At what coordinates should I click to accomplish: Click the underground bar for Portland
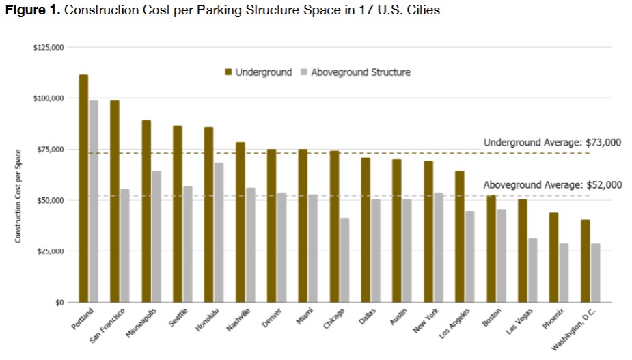click(x=83, y=188)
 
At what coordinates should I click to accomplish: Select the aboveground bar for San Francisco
click(x=125, y=246)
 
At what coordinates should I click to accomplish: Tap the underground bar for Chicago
click(x=334, y=226)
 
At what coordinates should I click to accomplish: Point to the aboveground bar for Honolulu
click(x=219, y=232)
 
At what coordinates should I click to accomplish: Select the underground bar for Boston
click(x=491, y=249)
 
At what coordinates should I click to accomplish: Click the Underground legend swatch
click(x=229, y=72)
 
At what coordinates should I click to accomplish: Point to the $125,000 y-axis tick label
click(x=49, y=47)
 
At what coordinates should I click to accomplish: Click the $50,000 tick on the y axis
click(x=51, y=200)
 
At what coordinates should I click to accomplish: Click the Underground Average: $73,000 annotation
click(x=552, y=142)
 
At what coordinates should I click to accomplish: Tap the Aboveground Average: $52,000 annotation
click(x=552, y=184)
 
